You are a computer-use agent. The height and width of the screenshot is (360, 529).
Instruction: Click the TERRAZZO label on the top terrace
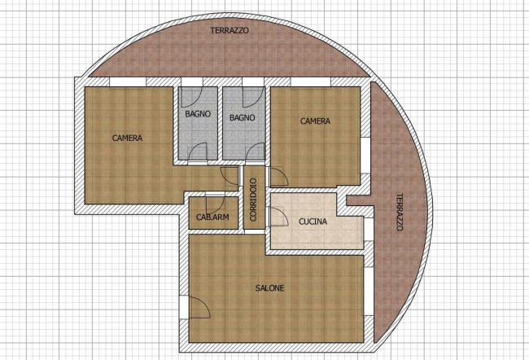tap(230, 30)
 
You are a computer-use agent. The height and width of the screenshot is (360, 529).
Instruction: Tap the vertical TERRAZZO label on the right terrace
tap(400, 212)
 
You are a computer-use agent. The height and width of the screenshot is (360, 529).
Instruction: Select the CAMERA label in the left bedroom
tap(127, 138)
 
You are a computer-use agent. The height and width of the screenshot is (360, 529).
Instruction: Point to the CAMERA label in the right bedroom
tap(315, 121)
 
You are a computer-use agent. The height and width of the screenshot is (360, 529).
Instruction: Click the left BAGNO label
tap(198, 114)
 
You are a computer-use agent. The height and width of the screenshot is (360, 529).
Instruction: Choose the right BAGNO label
tap(243, 117)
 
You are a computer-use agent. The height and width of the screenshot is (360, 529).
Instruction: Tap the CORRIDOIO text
tap(253, 200)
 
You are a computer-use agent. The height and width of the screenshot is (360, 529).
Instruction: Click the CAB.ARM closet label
tap(212, 217)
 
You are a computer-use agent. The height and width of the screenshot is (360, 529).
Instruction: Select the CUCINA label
tap(313, 222)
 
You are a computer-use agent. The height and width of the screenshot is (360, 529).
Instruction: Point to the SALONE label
tap(269, 288)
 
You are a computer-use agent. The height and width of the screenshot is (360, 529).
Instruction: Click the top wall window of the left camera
tap(128, 81)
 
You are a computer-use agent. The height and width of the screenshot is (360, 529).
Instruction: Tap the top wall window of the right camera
tap(310, 81)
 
